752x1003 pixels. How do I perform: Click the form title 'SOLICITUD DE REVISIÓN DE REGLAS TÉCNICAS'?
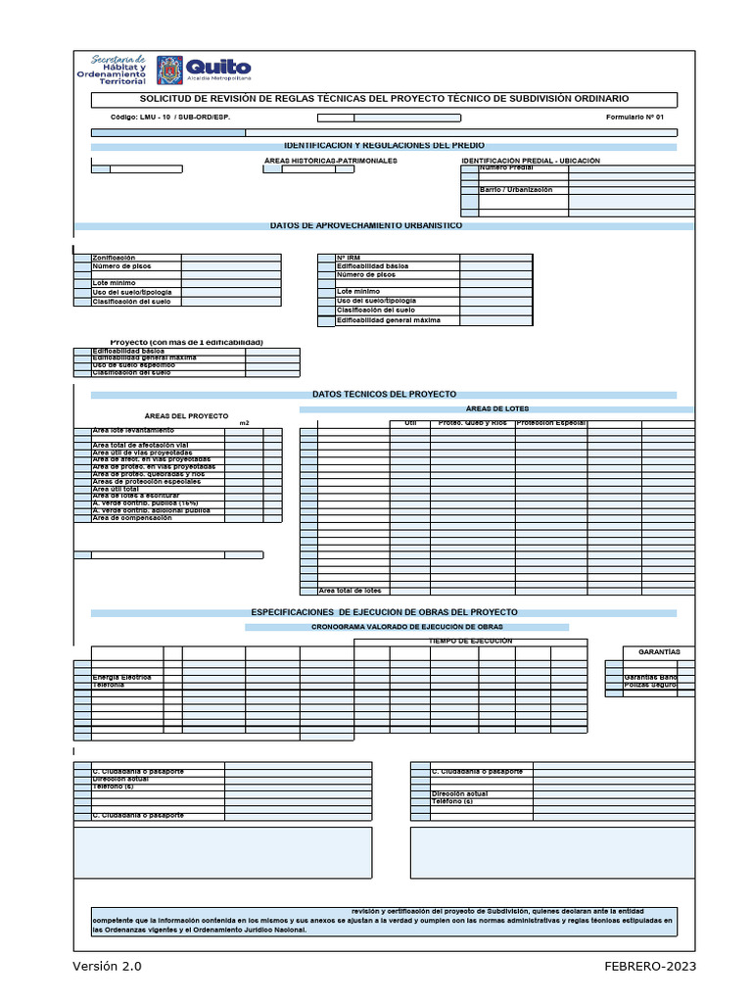click(384, 99)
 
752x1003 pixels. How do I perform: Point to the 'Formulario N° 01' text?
click(634, 118)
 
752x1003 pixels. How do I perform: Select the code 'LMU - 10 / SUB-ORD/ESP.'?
click(169, 118)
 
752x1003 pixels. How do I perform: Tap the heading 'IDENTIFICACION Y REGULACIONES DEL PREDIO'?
click(383, 145)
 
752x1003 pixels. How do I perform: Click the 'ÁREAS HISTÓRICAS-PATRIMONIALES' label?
click(331, 161)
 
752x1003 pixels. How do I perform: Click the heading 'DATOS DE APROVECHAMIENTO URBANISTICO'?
click(366, 225)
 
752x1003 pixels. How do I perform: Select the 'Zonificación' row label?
click(114, 258)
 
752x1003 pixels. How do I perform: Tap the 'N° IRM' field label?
click(350, 258)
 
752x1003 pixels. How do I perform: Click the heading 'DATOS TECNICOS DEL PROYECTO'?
click(384, 394)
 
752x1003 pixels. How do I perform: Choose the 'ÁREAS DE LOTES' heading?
click(499, 408)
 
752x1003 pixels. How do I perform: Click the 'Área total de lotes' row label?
click(351, 591)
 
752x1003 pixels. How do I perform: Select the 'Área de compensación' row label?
click(132, 518)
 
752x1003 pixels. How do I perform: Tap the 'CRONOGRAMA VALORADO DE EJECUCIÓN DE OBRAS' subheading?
click(407, 626)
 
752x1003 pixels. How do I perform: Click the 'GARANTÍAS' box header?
click(659, 651)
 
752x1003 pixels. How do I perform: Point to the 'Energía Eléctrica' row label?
click(122, 677)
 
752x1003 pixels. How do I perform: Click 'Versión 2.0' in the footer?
click(108, 966)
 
